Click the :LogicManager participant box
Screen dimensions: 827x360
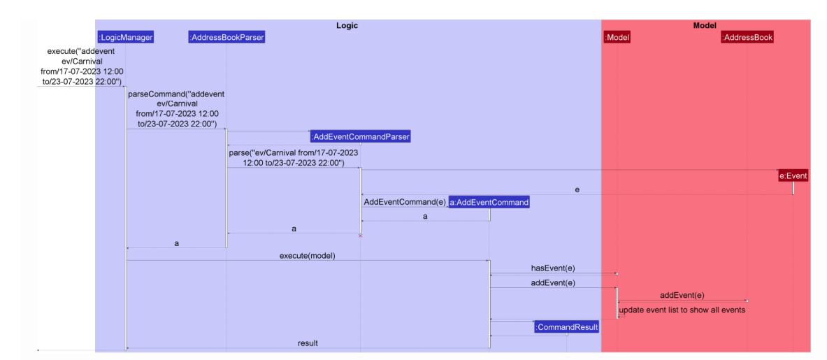point(126,37)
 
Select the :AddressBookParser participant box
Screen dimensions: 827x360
point(226,37)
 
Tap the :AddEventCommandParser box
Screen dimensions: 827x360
point(361,136)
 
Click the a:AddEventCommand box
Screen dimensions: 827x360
point(489,202)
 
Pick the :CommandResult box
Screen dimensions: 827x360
point(566,327)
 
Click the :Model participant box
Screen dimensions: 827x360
point(617,37)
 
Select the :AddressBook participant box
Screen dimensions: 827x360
point(747,37)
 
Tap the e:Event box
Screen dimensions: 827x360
point(793,176)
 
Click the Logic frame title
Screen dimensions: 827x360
point(347,25)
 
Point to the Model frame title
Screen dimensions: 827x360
point(705,25)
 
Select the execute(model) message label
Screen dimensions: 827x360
point(308,255)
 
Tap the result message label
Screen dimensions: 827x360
point(308,343)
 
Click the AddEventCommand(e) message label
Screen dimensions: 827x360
point(405,202)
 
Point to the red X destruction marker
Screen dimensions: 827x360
point(360,236)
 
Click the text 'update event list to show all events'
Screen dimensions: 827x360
point(682,310)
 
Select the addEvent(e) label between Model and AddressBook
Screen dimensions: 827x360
point(682,295)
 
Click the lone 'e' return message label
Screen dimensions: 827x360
point(577,189)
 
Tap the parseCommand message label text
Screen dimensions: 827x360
point(176,108)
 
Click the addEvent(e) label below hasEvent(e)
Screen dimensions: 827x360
point(552,282)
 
